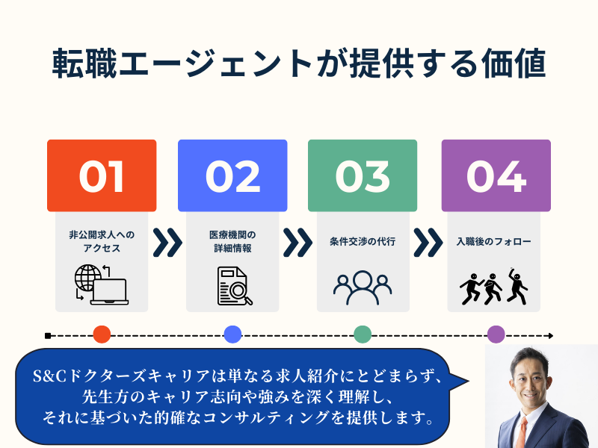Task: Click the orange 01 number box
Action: pos(102,175)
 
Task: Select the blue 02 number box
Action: pos(232,175)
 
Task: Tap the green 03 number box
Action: pos(363,175)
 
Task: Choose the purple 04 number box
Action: pos(496,175)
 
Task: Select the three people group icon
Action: pos(363,285)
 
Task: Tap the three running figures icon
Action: pos(493,284)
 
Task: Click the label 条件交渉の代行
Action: pos(363,242)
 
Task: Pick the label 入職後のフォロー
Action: pos(493,242)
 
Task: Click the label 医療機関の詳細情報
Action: pos(232,242)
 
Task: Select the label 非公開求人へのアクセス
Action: pos(102,242)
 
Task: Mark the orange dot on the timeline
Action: pos(102,335)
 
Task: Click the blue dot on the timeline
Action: pos(232,335)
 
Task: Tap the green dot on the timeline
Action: pos(363,335)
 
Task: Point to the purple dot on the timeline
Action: pos(496,335)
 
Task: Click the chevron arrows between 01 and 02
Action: pos(167,243)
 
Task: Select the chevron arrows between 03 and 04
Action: pos(428,243)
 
